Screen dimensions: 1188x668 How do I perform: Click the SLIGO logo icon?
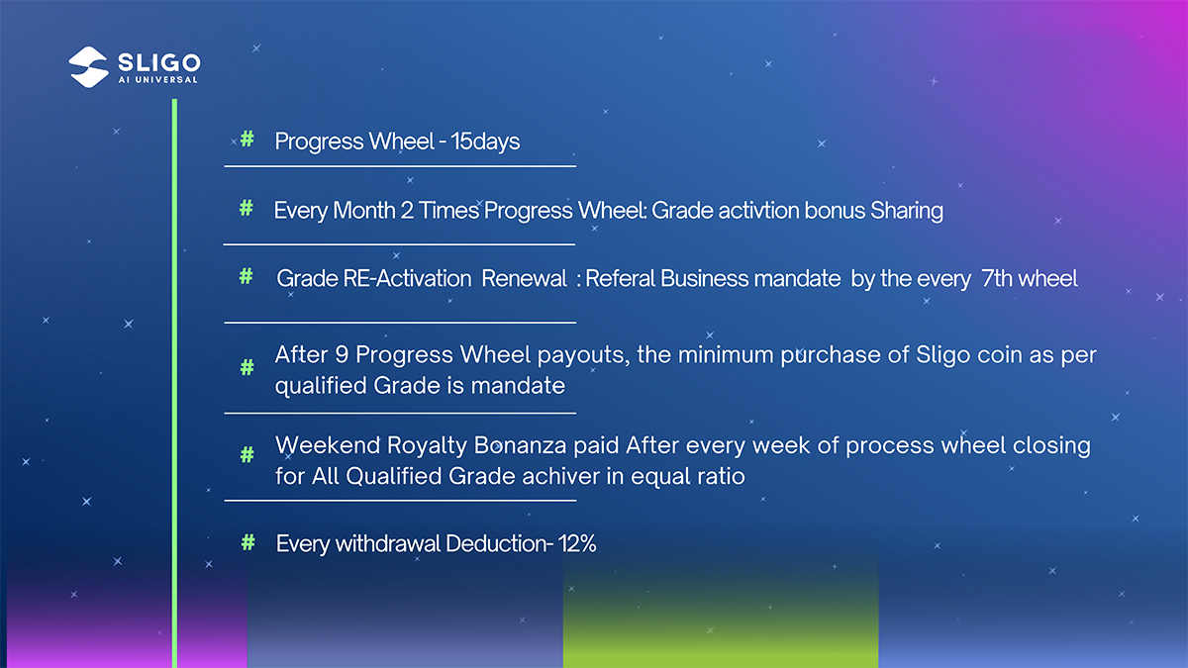pos(88,67)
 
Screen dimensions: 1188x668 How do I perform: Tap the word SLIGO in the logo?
pos(159,62)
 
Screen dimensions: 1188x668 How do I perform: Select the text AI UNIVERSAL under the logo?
pos(158,80)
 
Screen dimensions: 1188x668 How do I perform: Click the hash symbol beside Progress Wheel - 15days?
pos(247,140)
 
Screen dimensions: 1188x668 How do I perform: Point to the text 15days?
pos(485,142)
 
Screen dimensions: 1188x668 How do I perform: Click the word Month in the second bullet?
pos(364,211)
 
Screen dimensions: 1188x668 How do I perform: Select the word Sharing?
pos(907,211)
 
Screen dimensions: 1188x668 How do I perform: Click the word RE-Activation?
pos(407,278)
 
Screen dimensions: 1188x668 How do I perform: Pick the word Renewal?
pos(524,278)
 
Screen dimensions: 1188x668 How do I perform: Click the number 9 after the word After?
pos(342,354)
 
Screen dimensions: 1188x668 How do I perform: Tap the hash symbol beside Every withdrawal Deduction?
pos(247,542)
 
